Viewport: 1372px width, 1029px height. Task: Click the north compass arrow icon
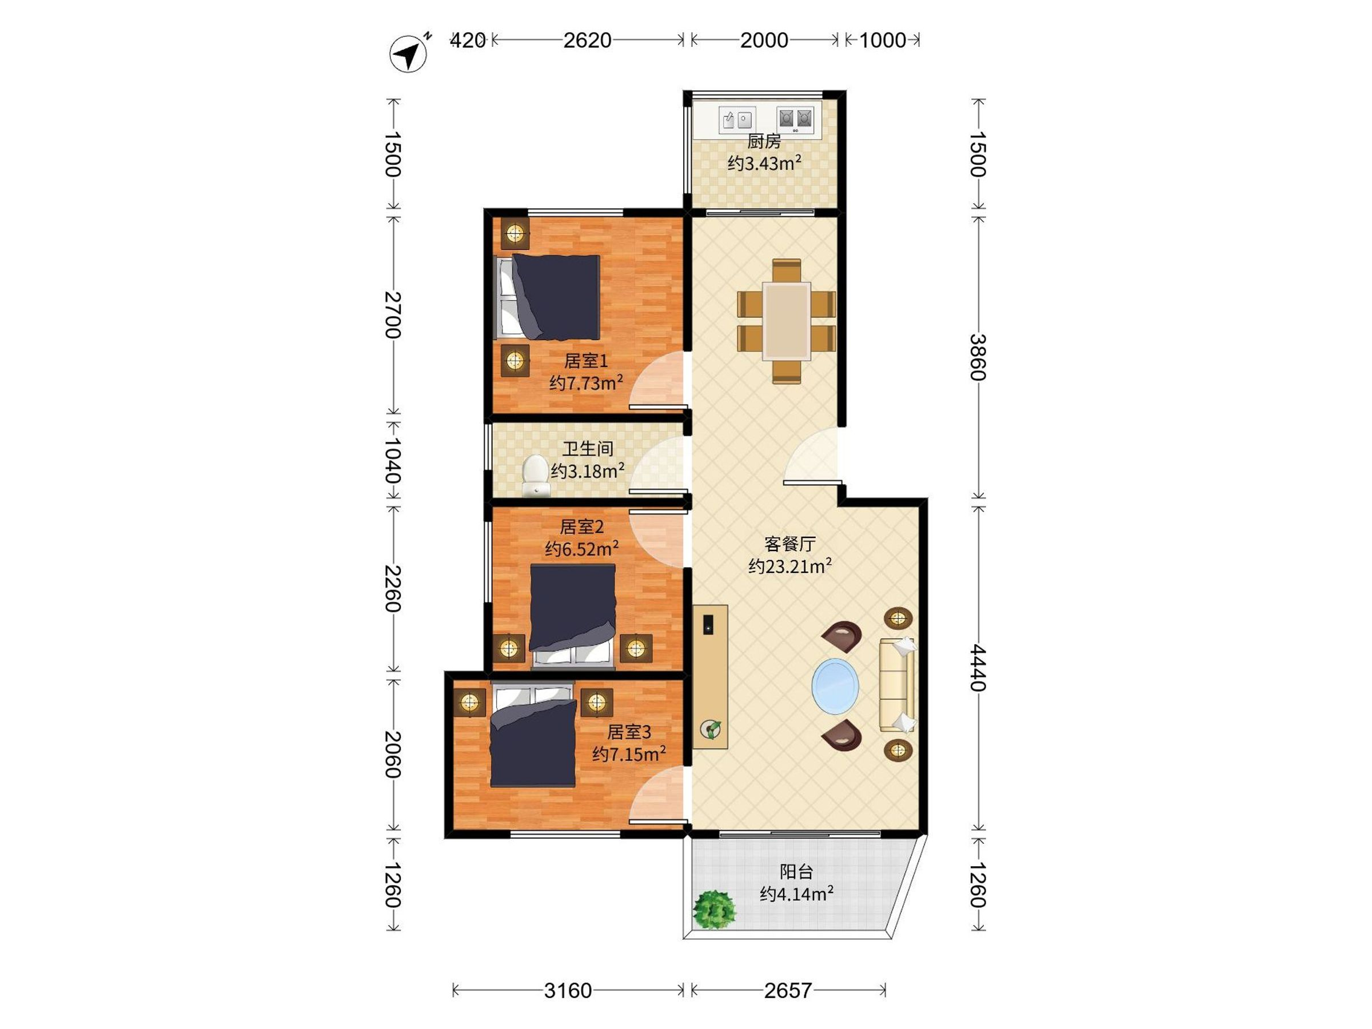tap(409, 54)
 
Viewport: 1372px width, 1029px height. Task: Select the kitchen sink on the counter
tap(737, 119)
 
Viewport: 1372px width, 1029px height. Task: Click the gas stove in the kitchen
tap(795, 119)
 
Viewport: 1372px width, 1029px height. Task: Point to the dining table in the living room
tap(787, 321)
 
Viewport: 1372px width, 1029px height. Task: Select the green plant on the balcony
tap(715, 910)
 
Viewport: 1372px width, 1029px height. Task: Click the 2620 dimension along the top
tap(587, 41)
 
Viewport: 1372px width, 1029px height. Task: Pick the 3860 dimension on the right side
tap(978, 357)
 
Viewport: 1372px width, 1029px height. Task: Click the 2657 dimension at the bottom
tap(787, 991)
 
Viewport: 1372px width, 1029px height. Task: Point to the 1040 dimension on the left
tap(393, 461)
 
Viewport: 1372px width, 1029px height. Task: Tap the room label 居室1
tap(585, 360)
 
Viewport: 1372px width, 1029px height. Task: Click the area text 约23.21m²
tap(789, 567)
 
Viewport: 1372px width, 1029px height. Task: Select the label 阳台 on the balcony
tap(796, 871)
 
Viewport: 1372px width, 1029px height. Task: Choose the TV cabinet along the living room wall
tap(710, 676)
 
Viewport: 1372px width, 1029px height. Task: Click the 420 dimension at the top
tap(467, 41)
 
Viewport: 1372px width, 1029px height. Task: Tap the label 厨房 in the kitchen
tap(764, 141)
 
